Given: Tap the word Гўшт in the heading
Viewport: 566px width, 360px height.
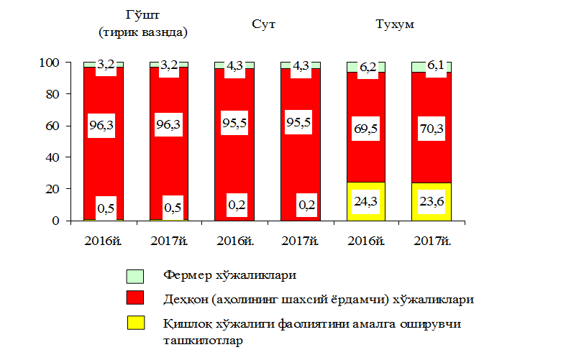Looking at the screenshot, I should pos(142,14).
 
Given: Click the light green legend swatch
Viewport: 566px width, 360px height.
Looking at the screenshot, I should pos(135,275).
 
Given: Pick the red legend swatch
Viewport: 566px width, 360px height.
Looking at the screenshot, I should pos(135,298).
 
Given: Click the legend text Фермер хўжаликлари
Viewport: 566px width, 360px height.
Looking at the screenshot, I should pos(230,275).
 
